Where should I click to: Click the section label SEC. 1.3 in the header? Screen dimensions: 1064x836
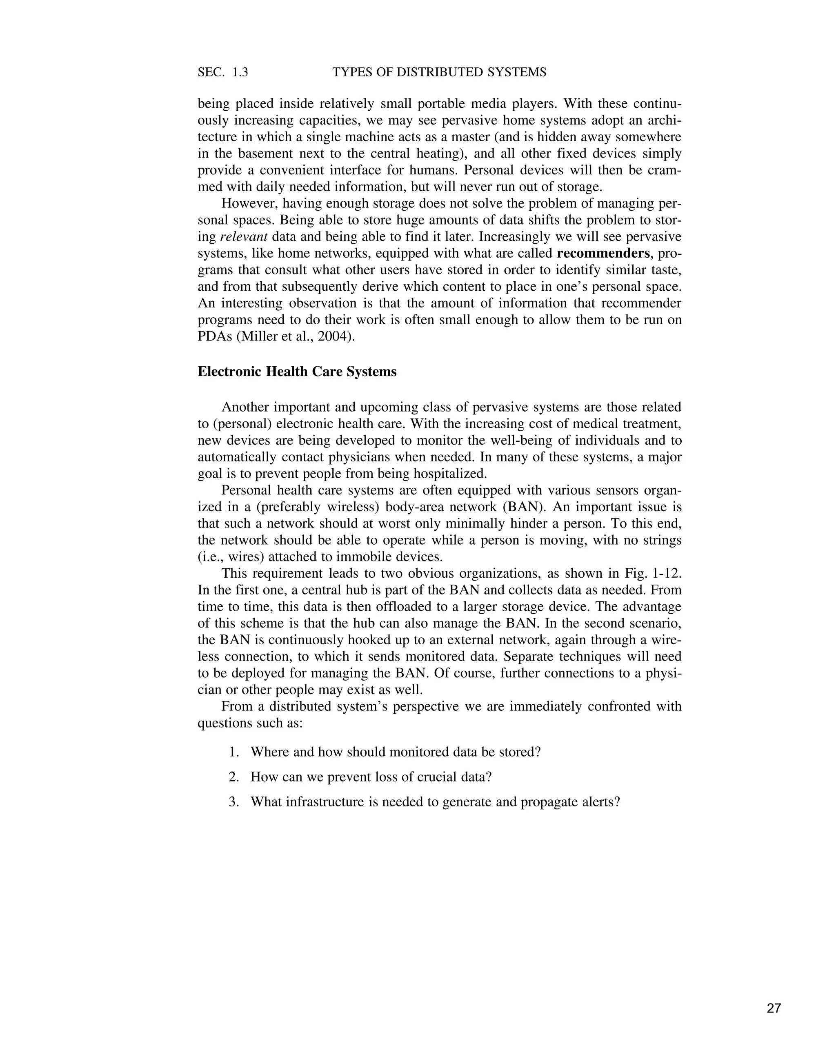tap(223, 72)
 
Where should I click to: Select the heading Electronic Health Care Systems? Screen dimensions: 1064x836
tap(297, 372)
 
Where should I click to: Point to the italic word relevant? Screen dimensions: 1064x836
tap(244, 237)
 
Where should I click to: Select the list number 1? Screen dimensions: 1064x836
tap(233, 752)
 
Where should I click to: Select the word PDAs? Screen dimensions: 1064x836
tap(214, 337)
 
